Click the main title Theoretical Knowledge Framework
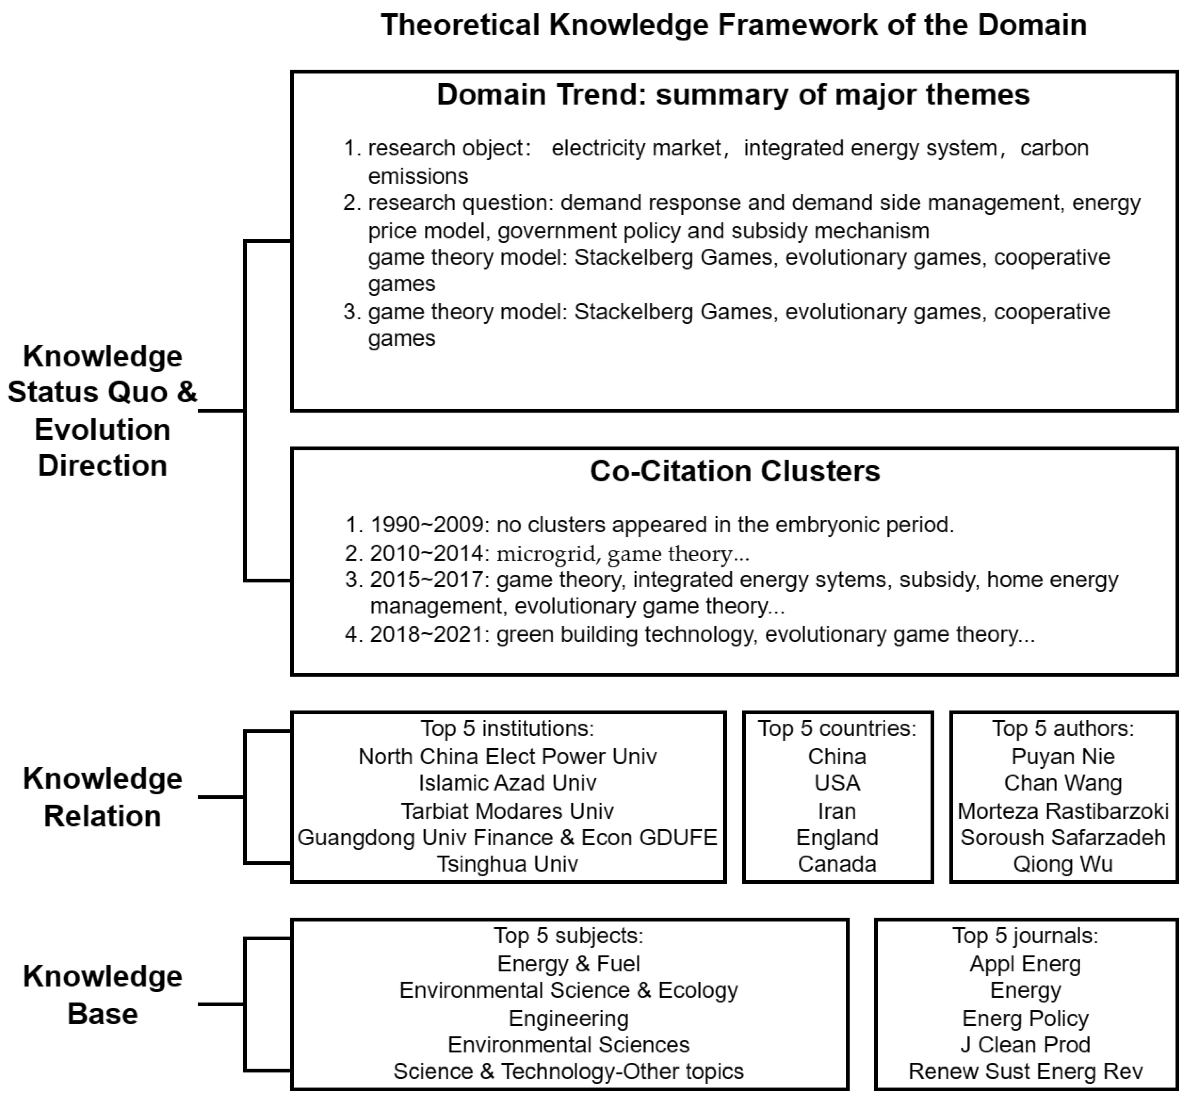pos(733,25)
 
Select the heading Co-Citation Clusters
pos(734,471)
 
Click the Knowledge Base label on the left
pos(102,995)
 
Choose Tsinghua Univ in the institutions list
pos(507,864)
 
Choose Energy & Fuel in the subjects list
pos(568,964)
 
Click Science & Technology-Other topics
pos(568,1071)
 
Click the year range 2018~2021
pos(426,634)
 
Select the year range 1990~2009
pos(426,524)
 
